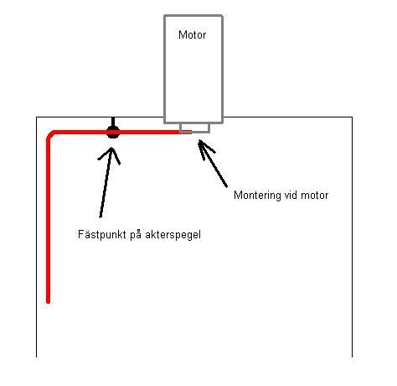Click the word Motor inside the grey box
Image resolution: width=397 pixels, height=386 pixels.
(192, 34)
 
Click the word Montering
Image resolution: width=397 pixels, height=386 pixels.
(257, 196)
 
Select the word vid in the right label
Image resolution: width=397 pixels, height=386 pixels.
(290, 195)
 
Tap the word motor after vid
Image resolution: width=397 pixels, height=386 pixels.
(314, 196)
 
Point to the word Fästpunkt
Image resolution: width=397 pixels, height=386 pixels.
(102, 234)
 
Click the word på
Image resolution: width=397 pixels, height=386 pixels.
(136, 234)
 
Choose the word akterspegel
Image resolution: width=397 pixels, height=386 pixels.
(173, 234)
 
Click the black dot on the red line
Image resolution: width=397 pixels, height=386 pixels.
(113, 132)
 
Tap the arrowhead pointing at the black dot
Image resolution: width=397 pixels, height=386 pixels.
(111, 154)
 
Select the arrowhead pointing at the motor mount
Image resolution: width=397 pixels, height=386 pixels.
(204, 149)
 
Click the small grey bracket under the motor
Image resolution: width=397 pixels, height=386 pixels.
(194, 128)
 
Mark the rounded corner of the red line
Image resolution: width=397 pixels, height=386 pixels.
(50, 134)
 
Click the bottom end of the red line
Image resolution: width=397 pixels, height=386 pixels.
(48, 302)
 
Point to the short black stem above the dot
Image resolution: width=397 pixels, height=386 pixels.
(113, 122)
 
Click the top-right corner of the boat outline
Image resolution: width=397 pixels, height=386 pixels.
(352, 117)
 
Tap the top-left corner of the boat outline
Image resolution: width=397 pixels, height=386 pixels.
(37, 117)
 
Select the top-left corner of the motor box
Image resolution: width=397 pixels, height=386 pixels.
(164, 16)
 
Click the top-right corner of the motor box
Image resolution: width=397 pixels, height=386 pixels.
(222, 16)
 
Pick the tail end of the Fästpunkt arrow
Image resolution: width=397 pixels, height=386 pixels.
(101, 216)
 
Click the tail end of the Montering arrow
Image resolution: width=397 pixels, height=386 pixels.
(226, 186)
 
